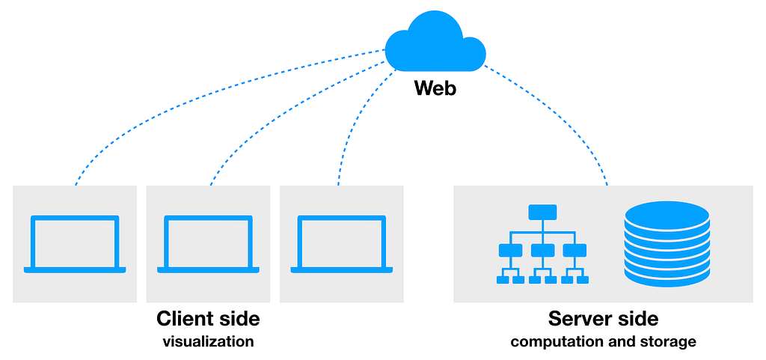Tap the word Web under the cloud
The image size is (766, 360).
(x=435, y=88)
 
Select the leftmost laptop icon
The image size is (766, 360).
(x=75, y=244)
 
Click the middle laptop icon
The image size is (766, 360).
(x=208, y=244)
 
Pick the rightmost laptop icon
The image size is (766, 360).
(x=341, y=244)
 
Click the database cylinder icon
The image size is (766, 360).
(x=667, y=244)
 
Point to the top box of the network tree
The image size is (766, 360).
(x=543, y=212)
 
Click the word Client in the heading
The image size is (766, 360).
(x=186, y=319)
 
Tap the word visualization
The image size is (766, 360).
(x=208, y=341)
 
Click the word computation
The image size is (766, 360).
(x=548, y=341)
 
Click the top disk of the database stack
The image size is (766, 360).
(x=667, y=214)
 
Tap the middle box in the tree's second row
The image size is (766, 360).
(x=543, y=251)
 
